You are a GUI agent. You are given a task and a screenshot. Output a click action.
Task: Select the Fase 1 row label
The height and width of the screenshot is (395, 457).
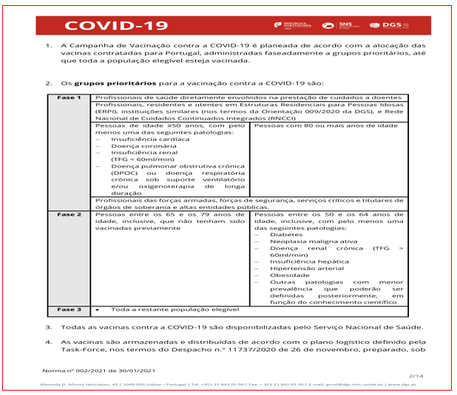pyautogui.click(x=70, y=97)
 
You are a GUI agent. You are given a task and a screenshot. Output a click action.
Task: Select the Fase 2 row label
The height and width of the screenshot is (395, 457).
pyautogui.click(x=70, y=214)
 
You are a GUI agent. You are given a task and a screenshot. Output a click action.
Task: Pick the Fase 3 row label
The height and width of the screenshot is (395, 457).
pyautogui.click(x=70, y=309)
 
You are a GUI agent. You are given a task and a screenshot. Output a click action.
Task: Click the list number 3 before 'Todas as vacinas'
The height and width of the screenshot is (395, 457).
pyautogui.click(x=49, y=326)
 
